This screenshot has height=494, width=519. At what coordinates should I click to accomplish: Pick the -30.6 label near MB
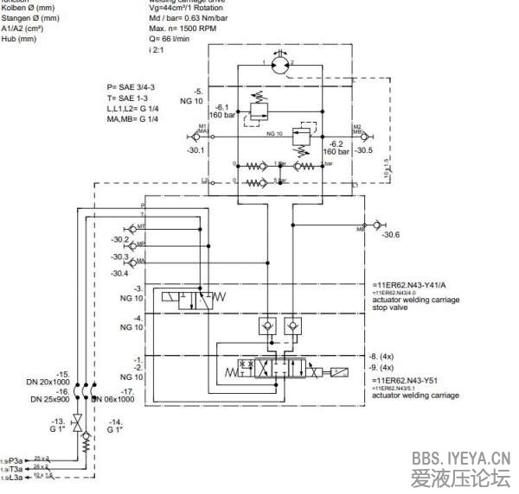(x=391, y=235)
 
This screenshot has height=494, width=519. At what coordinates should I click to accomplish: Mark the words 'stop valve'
(x=393, y=307)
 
